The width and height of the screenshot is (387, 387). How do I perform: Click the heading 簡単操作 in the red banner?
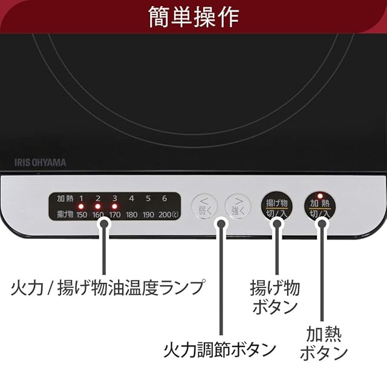point(193,16)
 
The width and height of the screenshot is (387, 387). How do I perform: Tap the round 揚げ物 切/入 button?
point(276,207)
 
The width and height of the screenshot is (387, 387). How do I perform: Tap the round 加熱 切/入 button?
point(320,207)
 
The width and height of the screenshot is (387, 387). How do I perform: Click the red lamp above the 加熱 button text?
point(320,195)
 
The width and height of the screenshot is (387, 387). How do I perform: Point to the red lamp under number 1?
point(81,206)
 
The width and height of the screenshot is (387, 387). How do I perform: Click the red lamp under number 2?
point(98,206)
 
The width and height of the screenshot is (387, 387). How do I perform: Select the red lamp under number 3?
point(114,206)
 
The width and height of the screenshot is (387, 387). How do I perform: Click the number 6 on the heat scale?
point(164,198)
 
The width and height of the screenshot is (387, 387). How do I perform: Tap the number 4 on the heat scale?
point(131,198)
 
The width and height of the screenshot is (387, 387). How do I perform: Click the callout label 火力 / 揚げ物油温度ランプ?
point(108,287)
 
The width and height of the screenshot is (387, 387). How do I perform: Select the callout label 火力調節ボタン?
point(220,350)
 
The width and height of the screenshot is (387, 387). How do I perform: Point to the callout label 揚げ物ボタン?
point(275,296)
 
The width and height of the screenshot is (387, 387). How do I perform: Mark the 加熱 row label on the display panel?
point(64,198)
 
